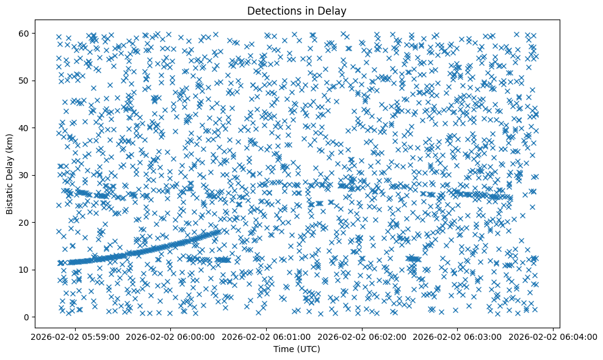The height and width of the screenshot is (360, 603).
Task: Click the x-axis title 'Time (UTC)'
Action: (296, 349)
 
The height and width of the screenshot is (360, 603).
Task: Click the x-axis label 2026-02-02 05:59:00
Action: (75, 336)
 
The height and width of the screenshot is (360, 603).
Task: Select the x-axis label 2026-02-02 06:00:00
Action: (171, 336)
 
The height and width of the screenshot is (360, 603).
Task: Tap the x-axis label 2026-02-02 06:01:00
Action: (267, 336)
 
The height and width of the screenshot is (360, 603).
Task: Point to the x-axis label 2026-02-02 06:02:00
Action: (363, 336)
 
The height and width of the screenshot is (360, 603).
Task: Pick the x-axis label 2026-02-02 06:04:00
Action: (554, 336)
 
